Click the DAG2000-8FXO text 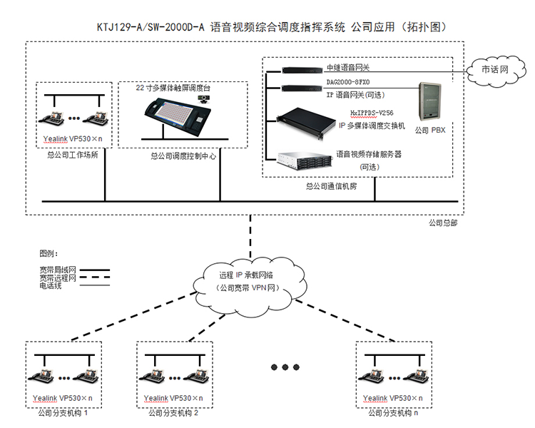pos(350,83)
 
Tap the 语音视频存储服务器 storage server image pos(303,159)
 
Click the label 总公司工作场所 pos(70,153)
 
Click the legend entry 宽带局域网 pos(57,270)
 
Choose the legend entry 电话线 pos(51,286)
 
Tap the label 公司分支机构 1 pos(63,413)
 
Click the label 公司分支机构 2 pos(173,413)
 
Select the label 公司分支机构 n pos(393,413)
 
